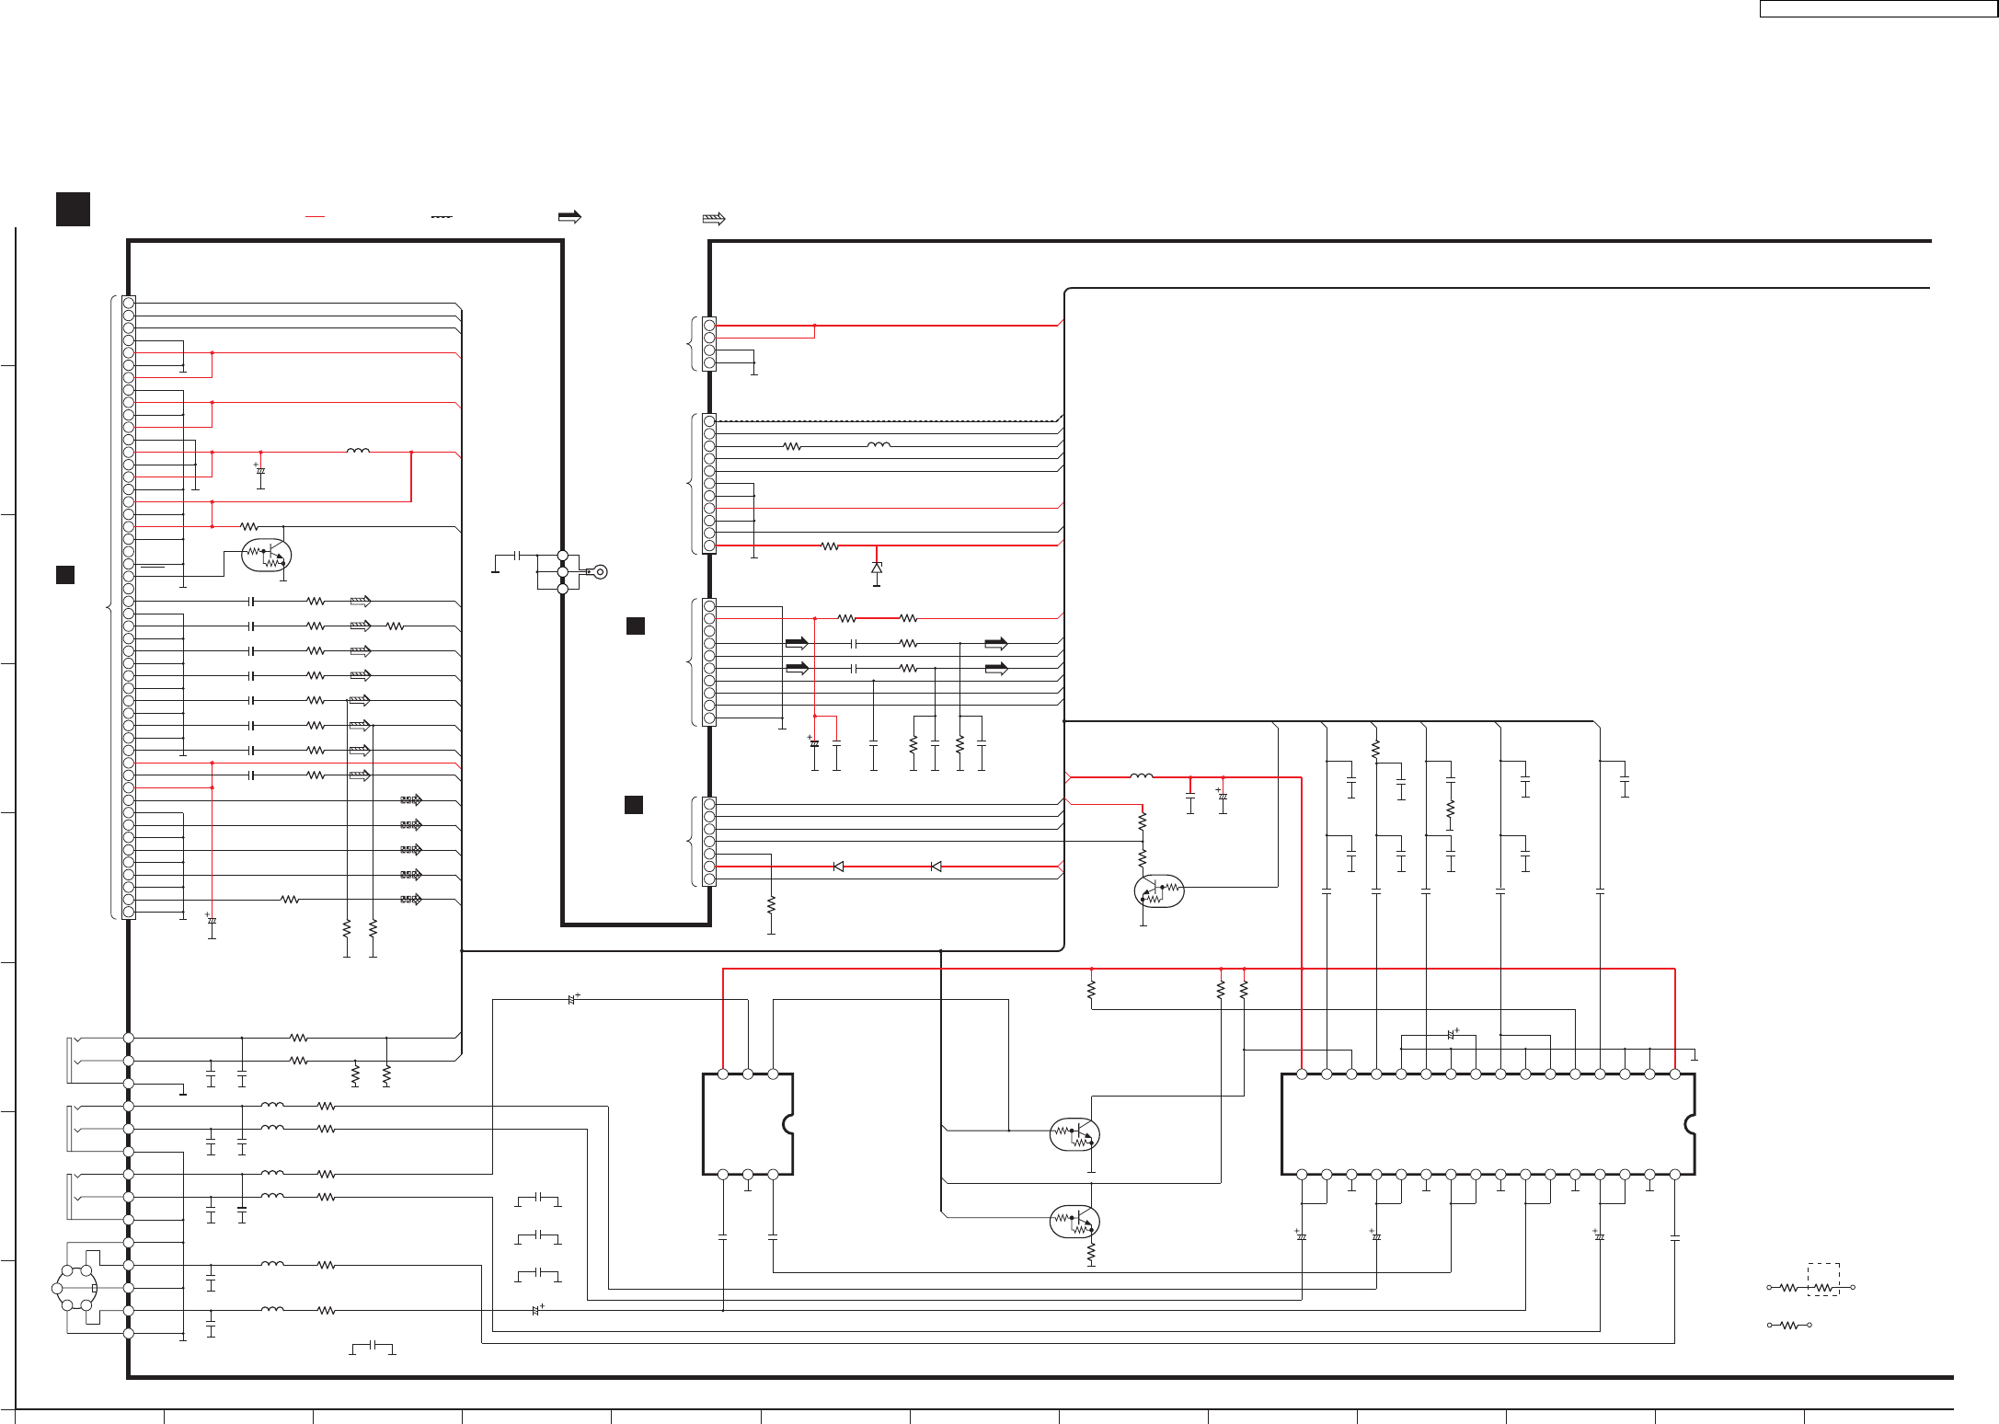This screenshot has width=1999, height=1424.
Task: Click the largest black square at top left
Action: (x=73, y=209)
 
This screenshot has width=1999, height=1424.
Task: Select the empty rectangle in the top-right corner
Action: (x=1878, y=9)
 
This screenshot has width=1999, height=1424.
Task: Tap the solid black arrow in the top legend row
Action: (x=569, y=217)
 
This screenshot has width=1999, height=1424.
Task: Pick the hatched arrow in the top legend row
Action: (x=714, y=219)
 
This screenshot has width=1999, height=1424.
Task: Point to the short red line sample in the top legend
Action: (x=315, y=216)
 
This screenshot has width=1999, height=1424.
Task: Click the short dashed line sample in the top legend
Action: (x=442, y=216)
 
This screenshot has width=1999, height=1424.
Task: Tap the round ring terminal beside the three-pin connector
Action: (x=600, y=572)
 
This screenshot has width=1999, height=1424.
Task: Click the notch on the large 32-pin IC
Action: (x=1690, y=1124)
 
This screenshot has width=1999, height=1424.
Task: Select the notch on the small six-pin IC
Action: (x=788, y=1124)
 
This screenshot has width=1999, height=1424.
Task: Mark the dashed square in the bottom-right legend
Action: (x=1823, y=1280)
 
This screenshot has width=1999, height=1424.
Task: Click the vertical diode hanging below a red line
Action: (x=877, y=568)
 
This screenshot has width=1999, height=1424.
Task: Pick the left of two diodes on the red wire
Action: (x=838, y=867)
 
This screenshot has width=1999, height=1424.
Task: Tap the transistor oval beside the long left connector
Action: (x=266, y=555)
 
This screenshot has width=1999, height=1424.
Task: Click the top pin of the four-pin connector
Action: (x=709, y=325)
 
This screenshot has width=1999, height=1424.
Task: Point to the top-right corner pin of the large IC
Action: (x=1675, y=1074)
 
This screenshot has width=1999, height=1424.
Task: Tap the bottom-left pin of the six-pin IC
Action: (x=723, y=1175)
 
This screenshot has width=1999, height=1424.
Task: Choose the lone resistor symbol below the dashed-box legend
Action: (x=1789, y=1326)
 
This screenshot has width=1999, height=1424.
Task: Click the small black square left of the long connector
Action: (x=65, y=575)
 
